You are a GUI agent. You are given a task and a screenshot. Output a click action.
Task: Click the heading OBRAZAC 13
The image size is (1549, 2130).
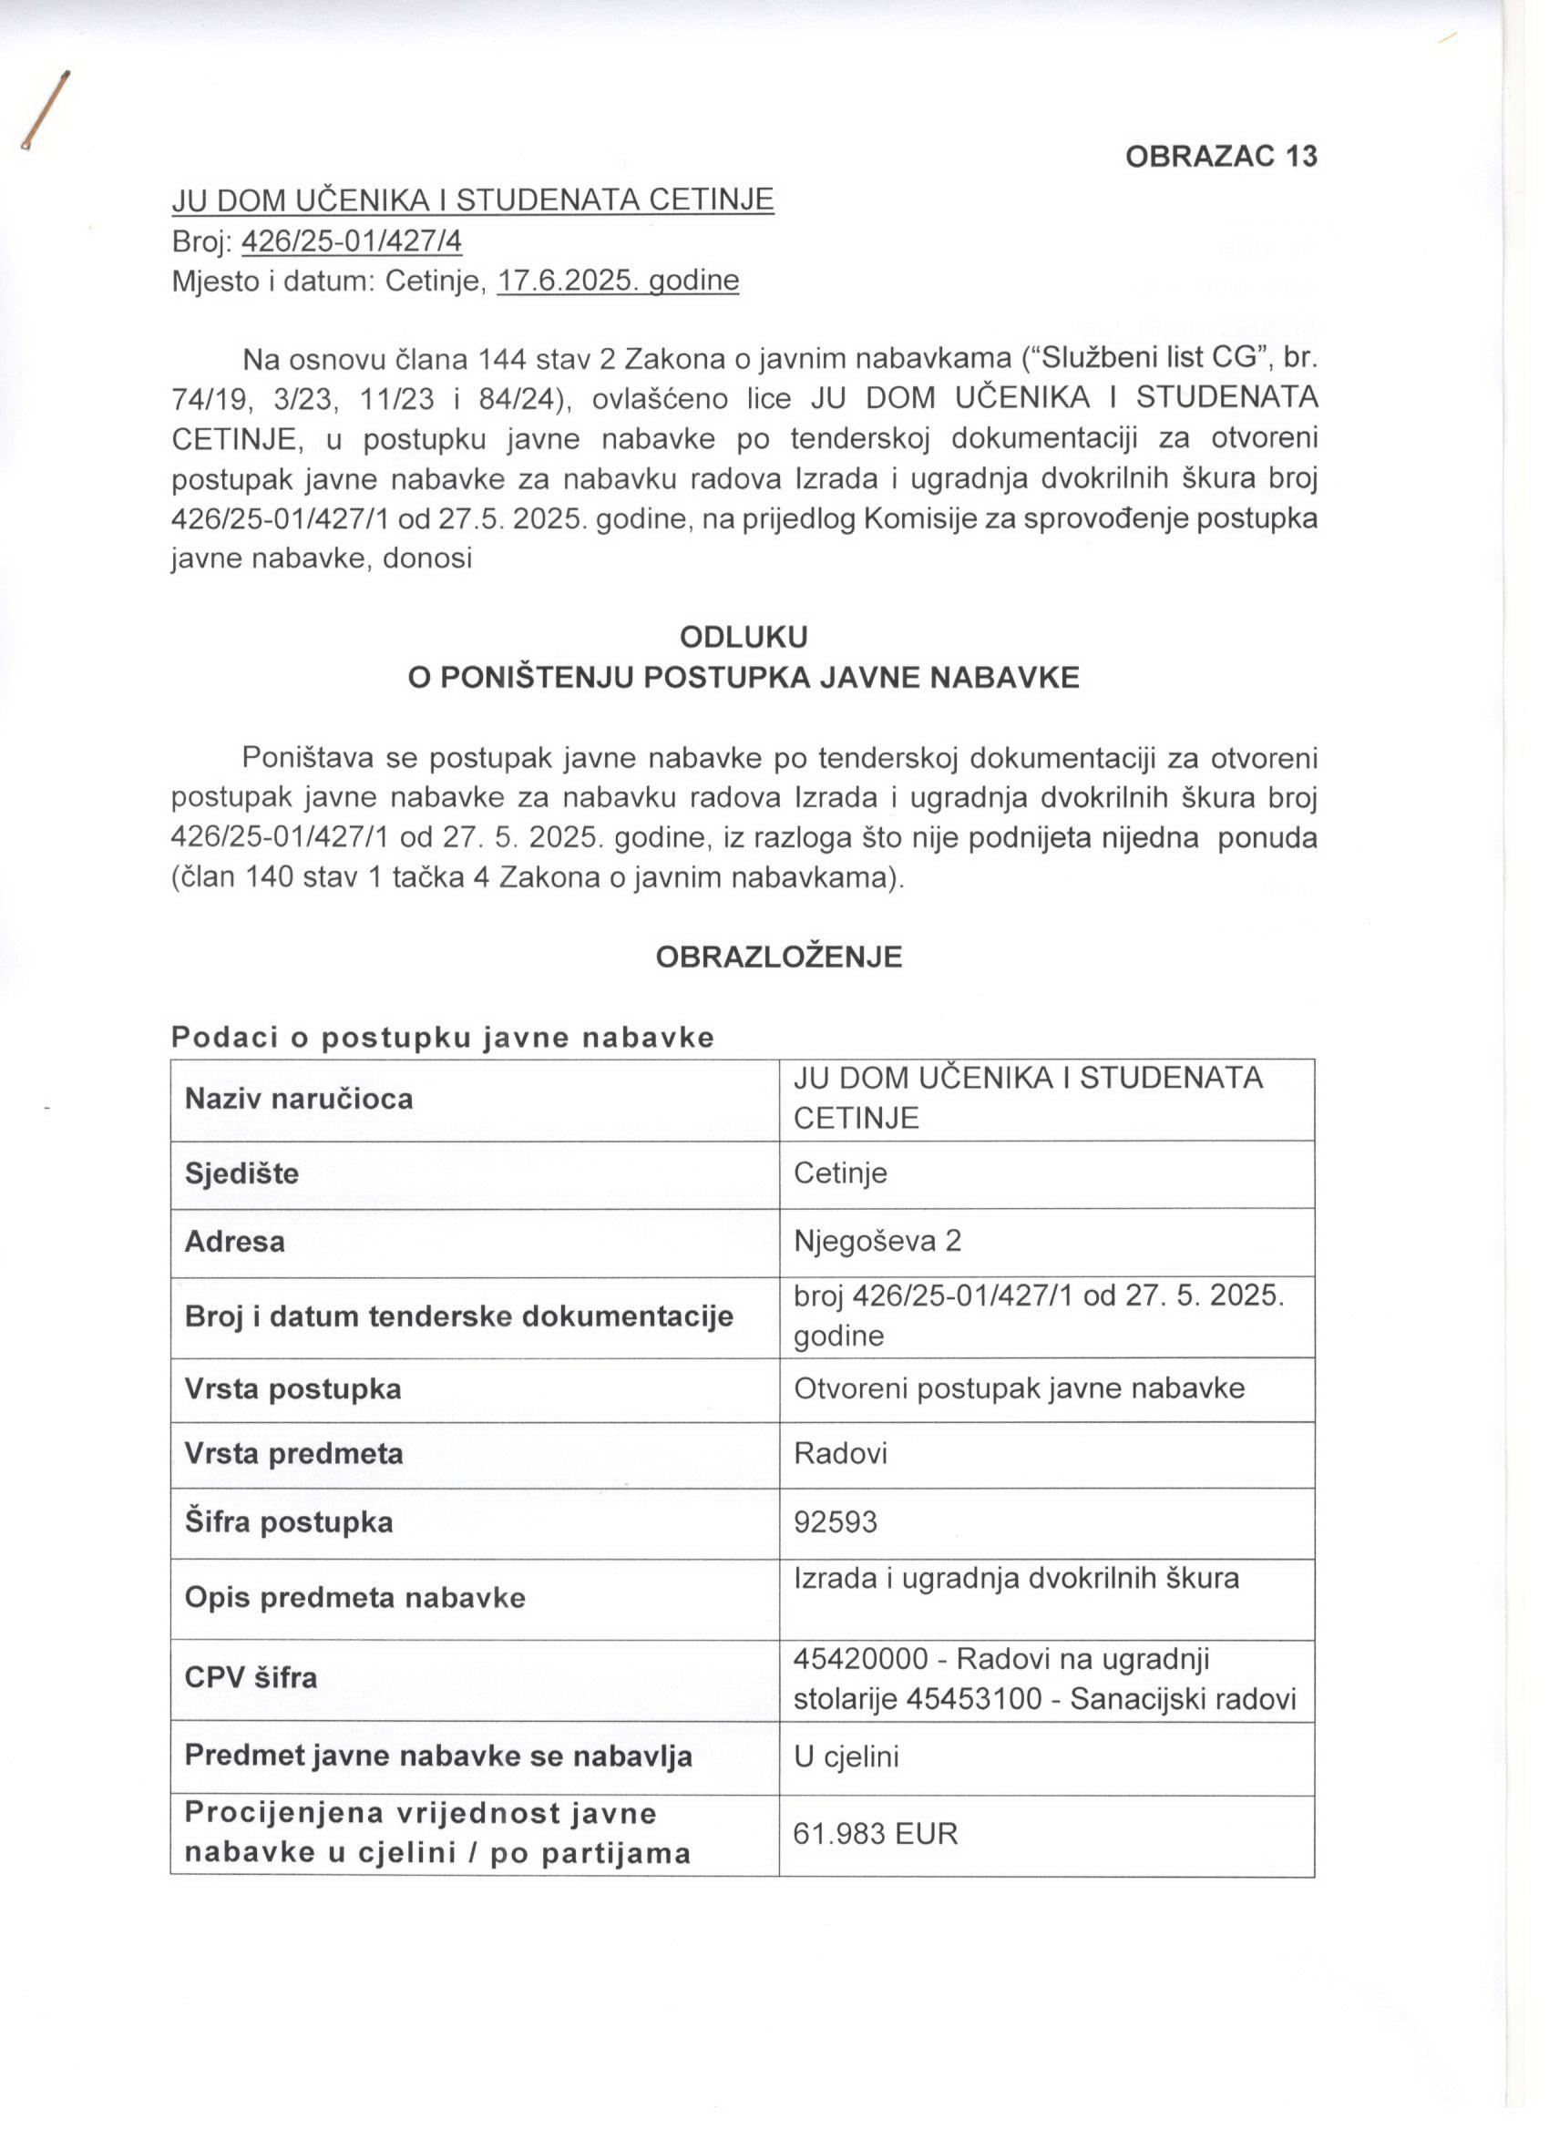[x=1221, y=156]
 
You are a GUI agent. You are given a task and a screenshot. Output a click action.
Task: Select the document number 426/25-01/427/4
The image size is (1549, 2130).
[x=352, y=242]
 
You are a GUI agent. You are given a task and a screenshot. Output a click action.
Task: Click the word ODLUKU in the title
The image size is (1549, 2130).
[x=743, y=638]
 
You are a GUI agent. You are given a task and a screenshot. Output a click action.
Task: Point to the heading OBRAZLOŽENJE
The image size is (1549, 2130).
[x=779, y=957]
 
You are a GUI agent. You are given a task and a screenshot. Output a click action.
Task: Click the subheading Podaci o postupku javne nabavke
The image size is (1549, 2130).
[x=443, y=1037]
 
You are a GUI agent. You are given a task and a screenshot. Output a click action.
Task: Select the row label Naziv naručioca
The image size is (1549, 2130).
[x=299, y=1098]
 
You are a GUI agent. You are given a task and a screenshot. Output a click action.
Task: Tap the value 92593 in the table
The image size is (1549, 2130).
[x=835, y=1521]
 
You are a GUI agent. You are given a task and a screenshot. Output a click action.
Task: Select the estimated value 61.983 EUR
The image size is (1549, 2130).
[x=876, y=1833]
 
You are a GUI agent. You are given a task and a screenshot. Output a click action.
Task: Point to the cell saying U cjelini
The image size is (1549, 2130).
[x=846, y=1756]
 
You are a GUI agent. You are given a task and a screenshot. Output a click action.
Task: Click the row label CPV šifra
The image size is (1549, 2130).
[x=251, y=1677]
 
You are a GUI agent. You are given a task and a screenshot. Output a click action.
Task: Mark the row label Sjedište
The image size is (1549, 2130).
[x=241, y=1173]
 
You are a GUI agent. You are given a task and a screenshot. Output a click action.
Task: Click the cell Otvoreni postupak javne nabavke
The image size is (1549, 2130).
[x=1020, y=1388]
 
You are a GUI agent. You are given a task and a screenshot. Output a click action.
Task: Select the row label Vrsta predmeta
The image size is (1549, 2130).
[x=293, y=1454]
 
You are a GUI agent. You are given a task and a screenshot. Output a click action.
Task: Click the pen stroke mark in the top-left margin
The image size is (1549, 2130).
[x=48, y=111]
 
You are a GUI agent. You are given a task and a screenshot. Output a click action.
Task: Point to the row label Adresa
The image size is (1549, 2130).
[x=235, y=1242]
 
